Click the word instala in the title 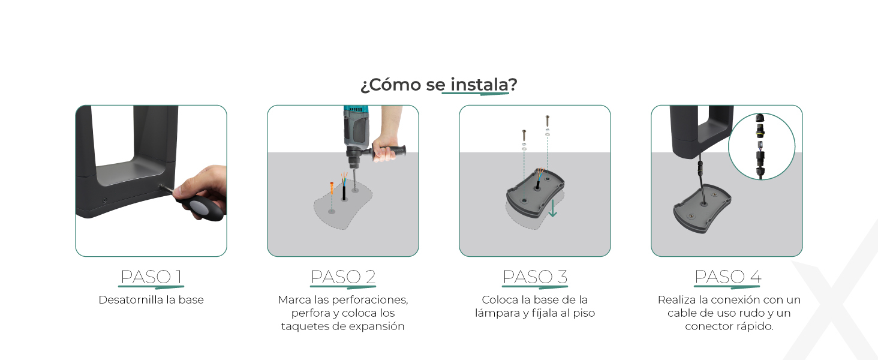(x=479, y=85)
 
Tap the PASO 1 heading (x=151, y=277)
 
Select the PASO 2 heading (x=343, y=277)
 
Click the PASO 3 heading (x=535, y=277)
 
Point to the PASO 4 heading (x=728, y=277)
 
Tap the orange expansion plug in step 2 (x=332, y=188)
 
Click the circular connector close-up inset (x=762, y=146)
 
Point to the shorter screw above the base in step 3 (x=524, y=136)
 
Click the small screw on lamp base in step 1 (x=105, y=200)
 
